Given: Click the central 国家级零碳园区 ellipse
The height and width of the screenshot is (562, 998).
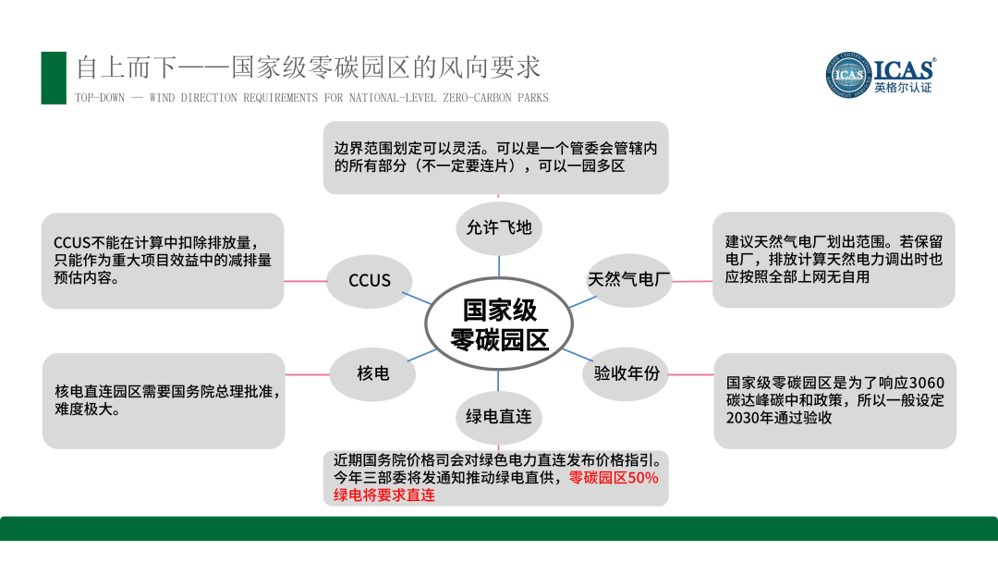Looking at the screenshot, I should (499, 323).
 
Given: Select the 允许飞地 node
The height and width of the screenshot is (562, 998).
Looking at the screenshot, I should (499, 226).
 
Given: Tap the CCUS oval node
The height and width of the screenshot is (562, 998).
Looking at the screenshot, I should (370, 280).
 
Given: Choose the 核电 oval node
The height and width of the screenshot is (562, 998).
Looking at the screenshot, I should (372, 373).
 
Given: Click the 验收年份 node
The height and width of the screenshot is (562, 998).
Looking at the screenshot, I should (626, 373).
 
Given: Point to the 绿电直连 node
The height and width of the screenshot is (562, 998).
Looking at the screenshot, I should (499, 417).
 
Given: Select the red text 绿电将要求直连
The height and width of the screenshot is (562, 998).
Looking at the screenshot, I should (384, 495).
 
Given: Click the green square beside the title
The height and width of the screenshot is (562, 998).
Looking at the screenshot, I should (54, 78).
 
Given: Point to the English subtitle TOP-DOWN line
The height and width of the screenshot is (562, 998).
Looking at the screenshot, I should (311, 98).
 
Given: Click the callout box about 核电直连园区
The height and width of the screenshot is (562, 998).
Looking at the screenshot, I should (164, 400).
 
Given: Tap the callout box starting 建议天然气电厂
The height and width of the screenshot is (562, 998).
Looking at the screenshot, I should (834, 260).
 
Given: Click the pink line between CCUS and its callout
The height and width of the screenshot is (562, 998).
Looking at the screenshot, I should (305, 280).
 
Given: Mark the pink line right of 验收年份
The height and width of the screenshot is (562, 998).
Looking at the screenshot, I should (692, 374).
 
